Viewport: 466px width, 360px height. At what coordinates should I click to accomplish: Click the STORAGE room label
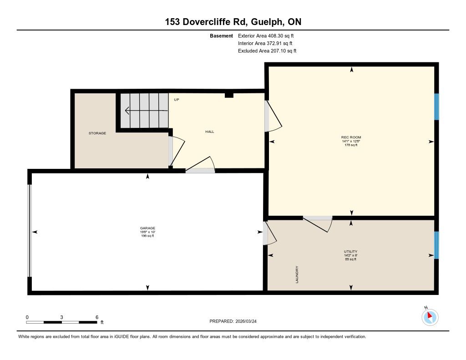(x=97, y=133)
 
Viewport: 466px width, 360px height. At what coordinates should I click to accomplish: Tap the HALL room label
(x=209, y=132)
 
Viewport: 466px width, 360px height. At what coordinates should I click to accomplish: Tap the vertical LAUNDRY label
(x=297, y=274)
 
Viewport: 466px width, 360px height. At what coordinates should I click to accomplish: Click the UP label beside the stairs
(x=177, y=100)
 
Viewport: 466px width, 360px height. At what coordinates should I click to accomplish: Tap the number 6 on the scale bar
(x=97, y=317)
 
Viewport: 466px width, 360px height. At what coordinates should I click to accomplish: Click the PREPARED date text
(x=233, y=321)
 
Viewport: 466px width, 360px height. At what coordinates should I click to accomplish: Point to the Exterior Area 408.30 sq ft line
(x=266, y=35)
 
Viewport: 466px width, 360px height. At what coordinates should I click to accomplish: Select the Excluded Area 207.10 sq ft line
(x=267, y=51)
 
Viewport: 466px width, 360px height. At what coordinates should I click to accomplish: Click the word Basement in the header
(x=222, y=35)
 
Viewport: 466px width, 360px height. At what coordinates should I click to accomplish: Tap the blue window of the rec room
(x=436, y=106)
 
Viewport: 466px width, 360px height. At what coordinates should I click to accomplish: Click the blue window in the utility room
(x=436, y=245)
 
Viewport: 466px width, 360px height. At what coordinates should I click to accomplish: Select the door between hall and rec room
(x=273, y=116)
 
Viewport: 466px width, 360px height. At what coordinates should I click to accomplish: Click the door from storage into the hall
(x=177, y=151)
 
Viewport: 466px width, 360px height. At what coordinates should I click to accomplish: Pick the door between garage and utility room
(x=269, y=233)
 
